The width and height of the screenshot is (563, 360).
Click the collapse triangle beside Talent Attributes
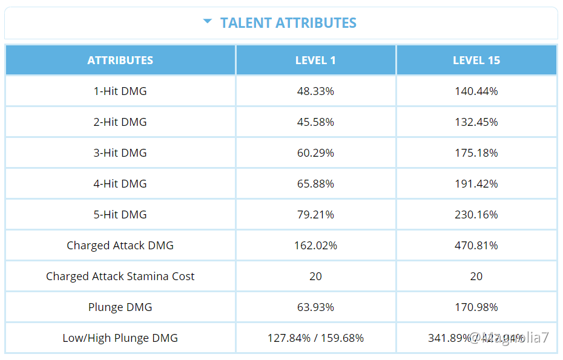point(208,22)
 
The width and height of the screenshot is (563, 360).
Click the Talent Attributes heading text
point(288,23)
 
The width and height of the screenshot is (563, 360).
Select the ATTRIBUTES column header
point(120,61)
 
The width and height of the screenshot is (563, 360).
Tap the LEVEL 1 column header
point(315,61)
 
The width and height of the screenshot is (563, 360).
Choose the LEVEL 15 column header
point(476,61)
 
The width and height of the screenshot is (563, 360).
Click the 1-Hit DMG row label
point(120,91)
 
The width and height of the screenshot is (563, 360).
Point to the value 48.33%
point(315,91)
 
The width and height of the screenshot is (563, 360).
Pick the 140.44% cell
point(476,91)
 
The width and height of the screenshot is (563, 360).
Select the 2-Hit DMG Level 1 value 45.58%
point(315,122)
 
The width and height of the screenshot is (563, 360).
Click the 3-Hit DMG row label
point(120,153)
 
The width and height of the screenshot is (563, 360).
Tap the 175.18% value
point(476,153)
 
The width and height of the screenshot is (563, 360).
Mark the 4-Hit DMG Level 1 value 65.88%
point(315,184)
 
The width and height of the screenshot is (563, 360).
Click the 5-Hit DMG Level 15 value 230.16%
point(476,215)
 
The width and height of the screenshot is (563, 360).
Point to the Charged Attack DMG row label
point(120,246)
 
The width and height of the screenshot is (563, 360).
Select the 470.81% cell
point(476,246)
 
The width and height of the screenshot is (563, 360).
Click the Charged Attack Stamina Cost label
point(120,277)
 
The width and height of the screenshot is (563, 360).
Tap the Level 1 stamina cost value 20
point(315,277)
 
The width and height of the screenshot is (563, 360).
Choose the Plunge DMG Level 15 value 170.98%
point(476,307)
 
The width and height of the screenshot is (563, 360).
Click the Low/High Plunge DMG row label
point(120,338)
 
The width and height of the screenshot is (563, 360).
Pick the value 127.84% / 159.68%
point(315,338)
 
